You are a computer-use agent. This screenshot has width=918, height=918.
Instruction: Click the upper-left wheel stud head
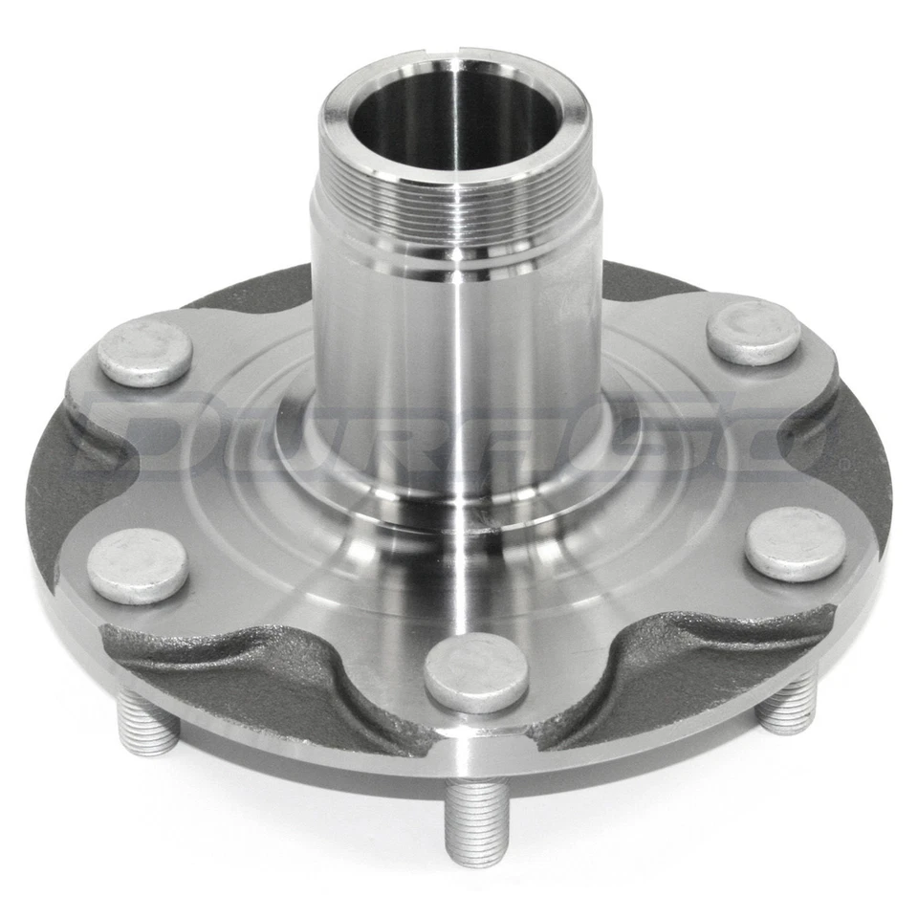coord(144,352)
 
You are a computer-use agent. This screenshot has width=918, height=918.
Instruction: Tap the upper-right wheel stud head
coord(754,332)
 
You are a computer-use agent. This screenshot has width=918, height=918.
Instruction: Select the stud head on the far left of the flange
coord(137,565)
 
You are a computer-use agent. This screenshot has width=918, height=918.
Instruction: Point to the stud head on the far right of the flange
coord(795,543)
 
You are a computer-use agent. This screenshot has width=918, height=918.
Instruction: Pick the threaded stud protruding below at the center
coord(476,820)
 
